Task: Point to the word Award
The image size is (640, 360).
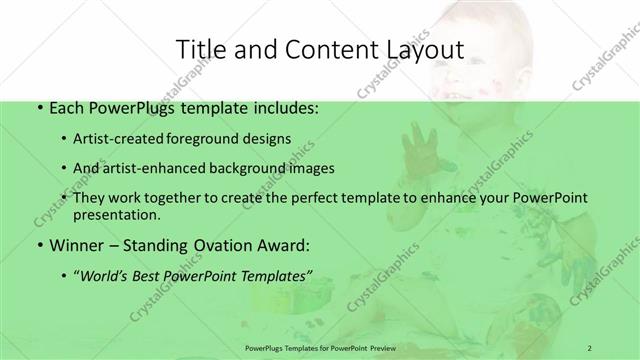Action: point(283,245)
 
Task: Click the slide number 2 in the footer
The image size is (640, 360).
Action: point(590,347)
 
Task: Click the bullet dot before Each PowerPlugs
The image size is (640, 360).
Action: point(38,106)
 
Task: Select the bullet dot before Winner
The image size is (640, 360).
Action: point(38,245)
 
